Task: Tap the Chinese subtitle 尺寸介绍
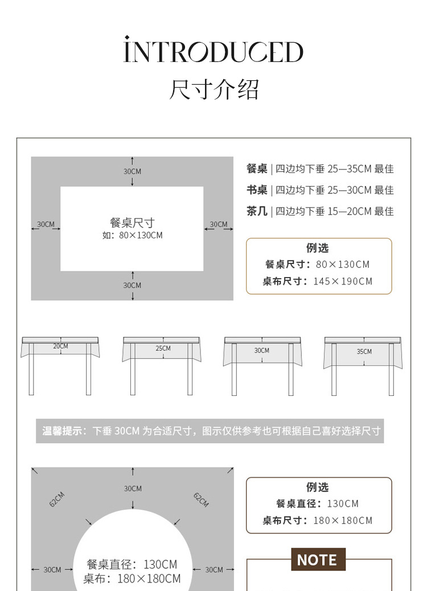214,90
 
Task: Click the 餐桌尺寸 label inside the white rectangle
132,223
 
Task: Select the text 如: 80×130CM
132,235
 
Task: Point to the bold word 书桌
257,190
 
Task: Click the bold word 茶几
257,211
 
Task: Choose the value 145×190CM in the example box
343,281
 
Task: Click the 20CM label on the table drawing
60,346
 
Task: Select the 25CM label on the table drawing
163,348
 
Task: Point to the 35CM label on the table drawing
364,352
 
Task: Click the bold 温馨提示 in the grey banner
61,431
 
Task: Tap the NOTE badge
318,560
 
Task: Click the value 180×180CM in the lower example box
343,520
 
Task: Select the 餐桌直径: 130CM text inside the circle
132,564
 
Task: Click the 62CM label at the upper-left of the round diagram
57,499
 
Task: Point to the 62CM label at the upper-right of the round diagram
201,499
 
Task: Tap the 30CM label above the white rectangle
132,171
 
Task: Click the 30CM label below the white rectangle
132,285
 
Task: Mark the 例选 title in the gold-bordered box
318,248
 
